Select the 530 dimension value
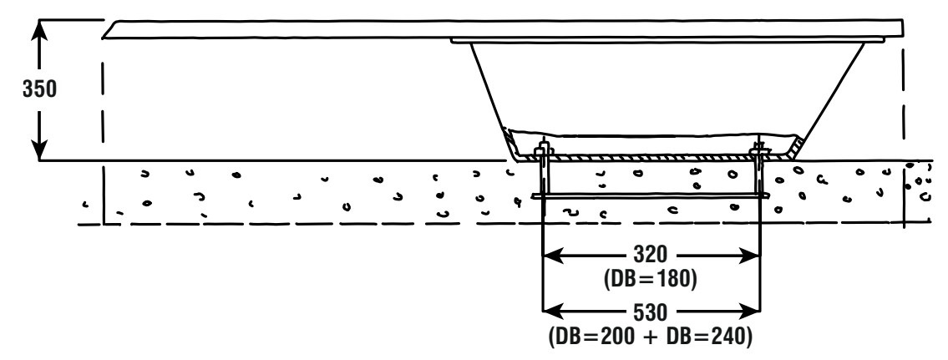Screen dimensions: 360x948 [652, 313]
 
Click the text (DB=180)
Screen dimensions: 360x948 [652, 279]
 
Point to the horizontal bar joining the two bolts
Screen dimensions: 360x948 [651, 197]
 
